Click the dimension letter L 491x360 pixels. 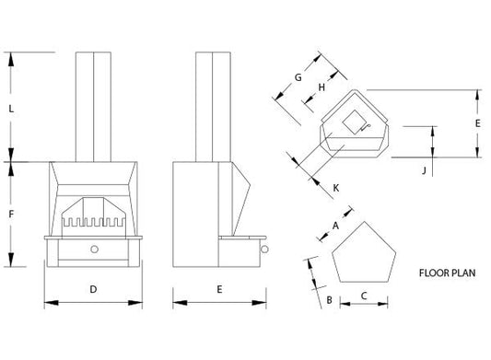pos(11,109)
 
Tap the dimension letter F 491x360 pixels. pos(11,215)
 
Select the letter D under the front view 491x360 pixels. pos(93,289)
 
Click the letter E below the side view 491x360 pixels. pos(219,289)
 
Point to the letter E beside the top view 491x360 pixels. pos(477,123)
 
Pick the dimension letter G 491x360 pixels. pos(298,77)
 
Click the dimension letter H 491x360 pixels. pos(321,87)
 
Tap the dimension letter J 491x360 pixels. pos(425,170)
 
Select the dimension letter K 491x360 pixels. pos(336,188)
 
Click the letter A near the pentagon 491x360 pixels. pos(335,226)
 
